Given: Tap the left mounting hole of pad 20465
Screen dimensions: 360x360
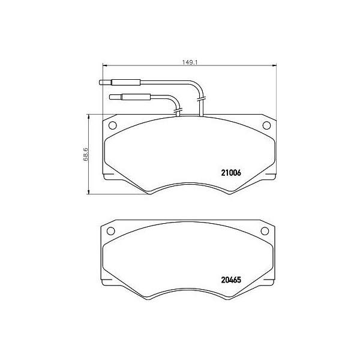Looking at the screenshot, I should tap(110, 232).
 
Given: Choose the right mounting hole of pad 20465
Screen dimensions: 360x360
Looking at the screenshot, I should tap(264, 232).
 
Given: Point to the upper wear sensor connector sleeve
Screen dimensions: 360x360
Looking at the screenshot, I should tap(124, 83).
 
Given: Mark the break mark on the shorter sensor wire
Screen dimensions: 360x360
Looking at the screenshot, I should tap(176, 110).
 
